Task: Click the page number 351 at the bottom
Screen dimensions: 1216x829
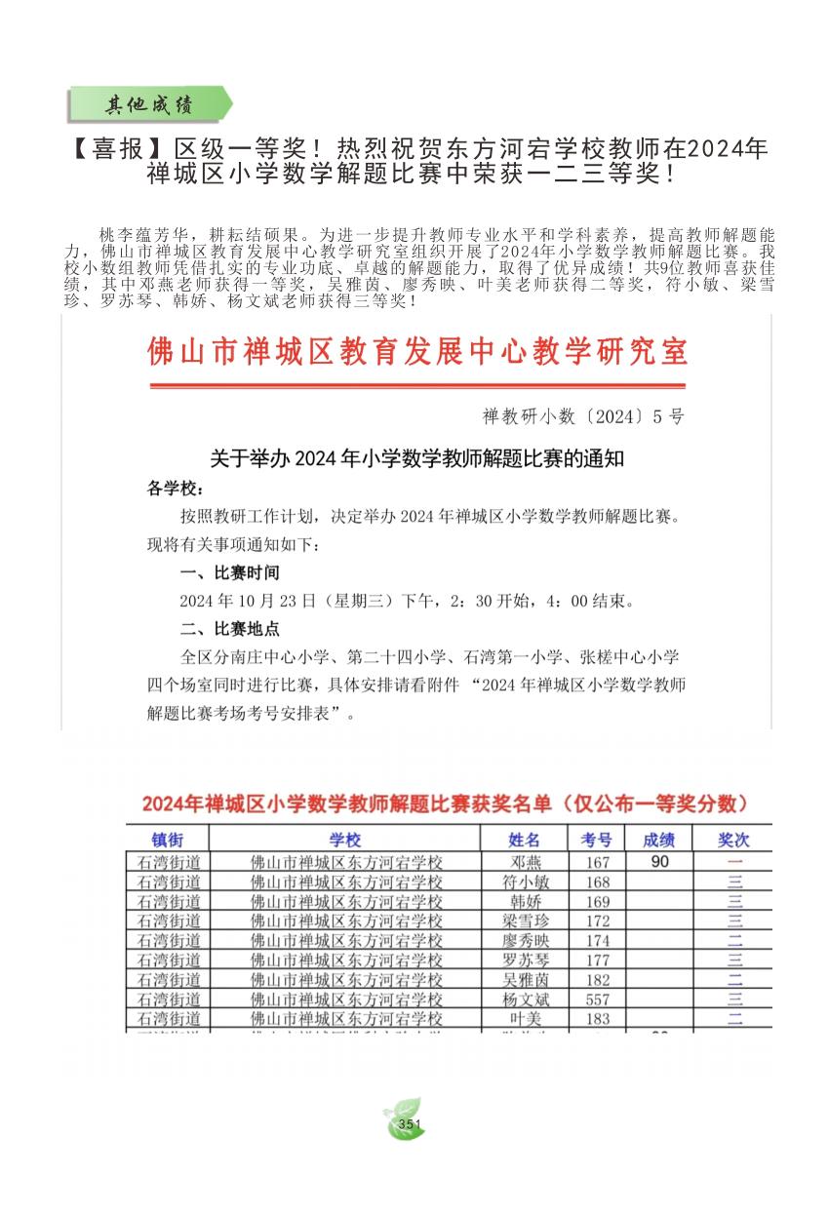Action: click(x=410, y=1124)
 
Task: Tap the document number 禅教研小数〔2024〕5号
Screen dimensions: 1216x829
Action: click(x=583, y=416)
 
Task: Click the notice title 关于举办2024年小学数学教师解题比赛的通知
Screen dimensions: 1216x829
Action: click(x=417, y=458)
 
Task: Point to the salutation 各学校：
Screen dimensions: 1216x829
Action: click(x=176, y=488)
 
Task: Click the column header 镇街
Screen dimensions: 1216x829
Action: click(x=167, y=840)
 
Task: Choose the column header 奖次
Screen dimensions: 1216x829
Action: click(x=733, y=840)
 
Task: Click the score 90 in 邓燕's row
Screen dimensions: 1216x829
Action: click(x=659, y=862)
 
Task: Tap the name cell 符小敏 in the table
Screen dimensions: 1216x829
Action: click(x=524, y=882)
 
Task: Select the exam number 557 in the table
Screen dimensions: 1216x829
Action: click(x=597, y=1000)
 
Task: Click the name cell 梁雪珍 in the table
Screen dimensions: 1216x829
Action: click(x=524, y=921)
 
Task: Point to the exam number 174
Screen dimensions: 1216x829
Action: click(x=597, y=941)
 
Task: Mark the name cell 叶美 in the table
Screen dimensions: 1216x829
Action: click(x=524, y=1019)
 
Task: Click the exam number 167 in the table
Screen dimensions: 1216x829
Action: click(x=597, y=862)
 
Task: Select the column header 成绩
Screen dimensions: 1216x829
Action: click(x=659, y=840)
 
